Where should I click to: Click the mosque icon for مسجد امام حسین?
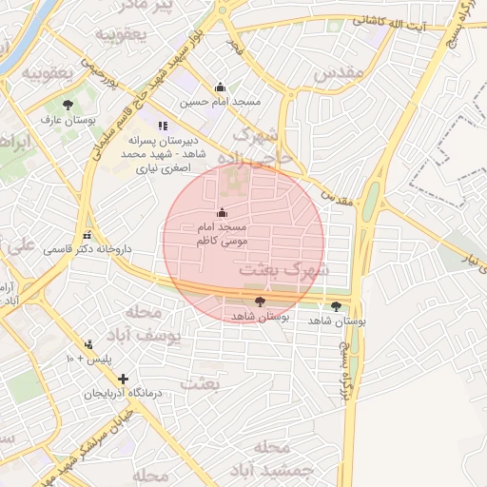coord(220,87)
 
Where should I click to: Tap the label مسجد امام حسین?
coord(220,101)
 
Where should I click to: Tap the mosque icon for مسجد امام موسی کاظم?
coord(222,212)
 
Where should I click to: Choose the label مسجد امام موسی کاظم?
coord(222,235)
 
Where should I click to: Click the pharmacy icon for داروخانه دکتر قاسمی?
coord(88,235)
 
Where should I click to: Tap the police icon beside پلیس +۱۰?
coord(89,344)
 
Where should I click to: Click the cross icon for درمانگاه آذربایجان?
coord(122,379)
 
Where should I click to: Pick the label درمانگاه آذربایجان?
coord(121,393)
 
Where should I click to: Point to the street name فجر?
coord(234,45)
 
